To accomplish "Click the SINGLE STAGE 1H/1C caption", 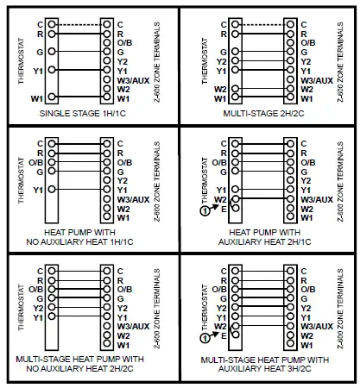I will point(90,114).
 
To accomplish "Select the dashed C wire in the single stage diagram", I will point(77,23).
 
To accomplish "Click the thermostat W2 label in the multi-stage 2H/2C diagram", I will point(219,90).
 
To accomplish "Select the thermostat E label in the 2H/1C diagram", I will point(224,210).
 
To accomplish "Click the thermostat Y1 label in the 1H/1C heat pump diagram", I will point(37,189).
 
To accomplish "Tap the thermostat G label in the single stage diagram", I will point(40,52).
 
